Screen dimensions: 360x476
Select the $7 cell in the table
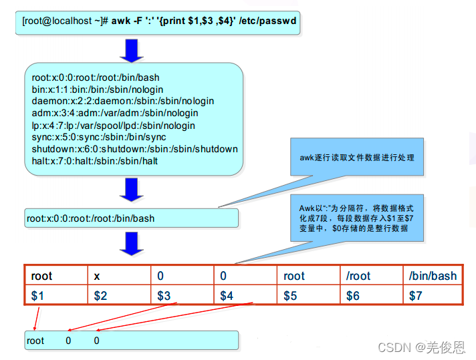click(433, 295)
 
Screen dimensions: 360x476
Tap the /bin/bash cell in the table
click(433, 276)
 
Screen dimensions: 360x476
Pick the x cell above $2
click(119, 276)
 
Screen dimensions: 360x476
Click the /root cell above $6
click(370, 276)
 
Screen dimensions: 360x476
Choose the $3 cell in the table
click(182, 295)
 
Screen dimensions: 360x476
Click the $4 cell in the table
click(245, 295)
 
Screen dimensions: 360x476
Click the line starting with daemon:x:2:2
click(122, 101)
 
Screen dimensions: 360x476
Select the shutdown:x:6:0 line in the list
click(134, 149)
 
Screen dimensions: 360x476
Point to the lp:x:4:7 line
click(113, 125)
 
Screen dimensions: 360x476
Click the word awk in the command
click(121, 21)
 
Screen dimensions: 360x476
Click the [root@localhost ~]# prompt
click(65, 21)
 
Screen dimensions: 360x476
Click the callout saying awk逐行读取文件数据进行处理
click(357, 158)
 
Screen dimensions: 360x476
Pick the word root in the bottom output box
click(35, 341)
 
